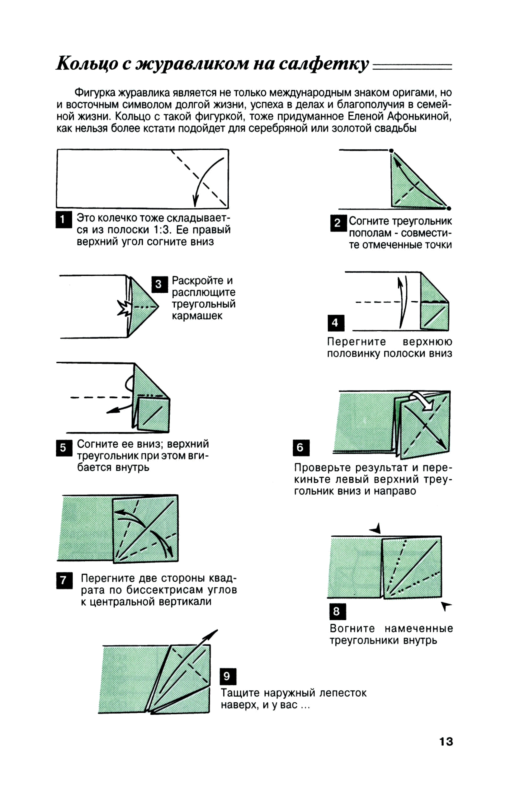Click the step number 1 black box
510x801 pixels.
pos(63,220)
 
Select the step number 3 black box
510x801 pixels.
pos(159,284)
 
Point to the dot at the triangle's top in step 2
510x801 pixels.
pos(391,151)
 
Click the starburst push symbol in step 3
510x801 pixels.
pos(124,308)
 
